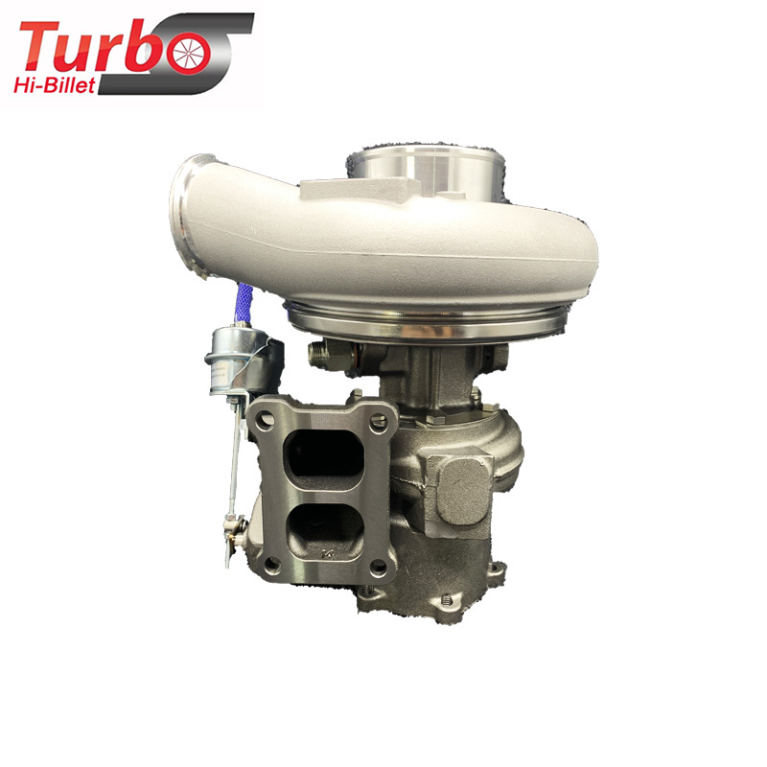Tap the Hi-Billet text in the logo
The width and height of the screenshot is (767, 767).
tap(55, 85)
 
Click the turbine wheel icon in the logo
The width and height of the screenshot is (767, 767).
tap(189, 53)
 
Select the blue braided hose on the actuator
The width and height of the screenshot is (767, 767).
tap(244, 303)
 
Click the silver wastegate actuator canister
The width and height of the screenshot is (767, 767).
tap(233, 359)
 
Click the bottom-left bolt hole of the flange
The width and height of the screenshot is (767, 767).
tap(272, 566)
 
